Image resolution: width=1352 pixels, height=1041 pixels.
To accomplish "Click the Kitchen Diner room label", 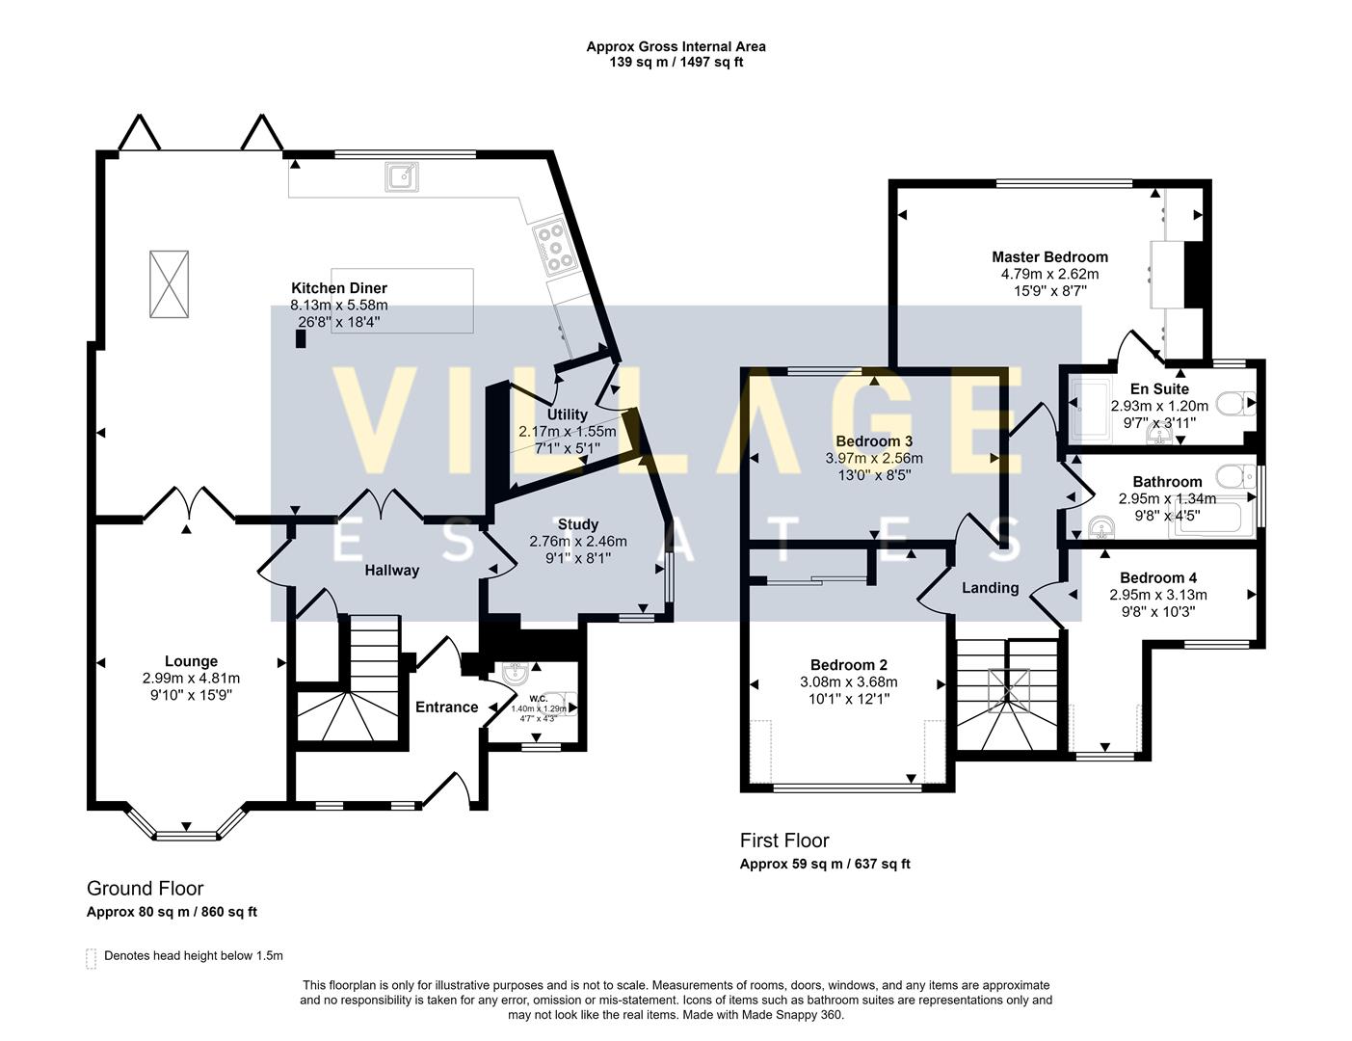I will click(339, 288).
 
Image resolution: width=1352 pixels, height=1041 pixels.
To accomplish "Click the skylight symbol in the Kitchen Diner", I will click(169, 283).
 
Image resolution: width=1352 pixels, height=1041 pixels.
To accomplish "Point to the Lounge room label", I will click(191, 661).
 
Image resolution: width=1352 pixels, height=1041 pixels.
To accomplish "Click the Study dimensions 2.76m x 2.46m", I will click(578, 542).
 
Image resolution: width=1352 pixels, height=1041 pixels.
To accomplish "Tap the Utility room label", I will click(567, 415).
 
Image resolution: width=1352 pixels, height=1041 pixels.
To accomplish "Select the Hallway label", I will click(391, 571).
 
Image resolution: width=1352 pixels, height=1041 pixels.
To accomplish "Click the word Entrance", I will click(446, 707).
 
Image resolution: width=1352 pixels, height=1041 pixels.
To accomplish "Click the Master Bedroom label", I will click(1049, 257).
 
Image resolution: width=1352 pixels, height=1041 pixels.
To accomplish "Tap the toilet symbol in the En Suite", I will click(1234, 403).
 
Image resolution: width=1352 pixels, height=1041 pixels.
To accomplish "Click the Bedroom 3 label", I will click(874, 441).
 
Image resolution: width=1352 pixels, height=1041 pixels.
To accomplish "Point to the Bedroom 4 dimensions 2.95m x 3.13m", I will click(1157, 595).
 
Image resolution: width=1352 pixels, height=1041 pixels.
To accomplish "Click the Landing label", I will click(990, 588).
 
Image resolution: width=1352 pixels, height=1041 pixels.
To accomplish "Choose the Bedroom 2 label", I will click(848, 665).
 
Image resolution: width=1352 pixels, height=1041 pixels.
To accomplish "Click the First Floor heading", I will click(783, 841).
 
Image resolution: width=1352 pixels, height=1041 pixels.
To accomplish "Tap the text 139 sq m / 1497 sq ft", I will click(676, 63).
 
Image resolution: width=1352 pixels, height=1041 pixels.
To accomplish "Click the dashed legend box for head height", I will click(92, 957).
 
